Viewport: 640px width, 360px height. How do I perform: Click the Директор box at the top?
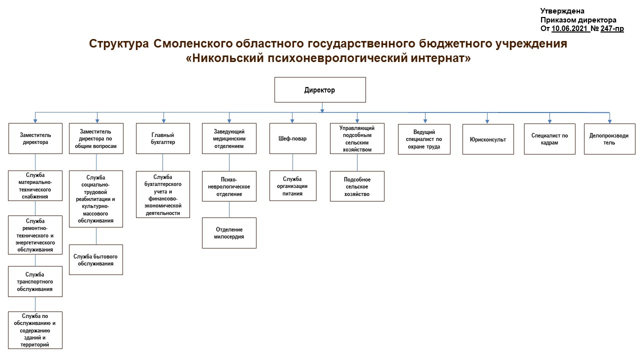(320, 89)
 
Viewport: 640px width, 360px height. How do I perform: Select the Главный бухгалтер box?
(163, 138)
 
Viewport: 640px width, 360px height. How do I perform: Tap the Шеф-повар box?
(293, 138)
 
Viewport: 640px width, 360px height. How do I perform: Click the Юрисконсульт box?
(488, 139)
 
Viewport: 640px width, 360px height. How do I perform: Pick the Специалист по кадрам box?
(549, 139)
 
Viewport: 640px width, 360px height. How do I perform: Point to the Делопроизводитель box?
(609, 139)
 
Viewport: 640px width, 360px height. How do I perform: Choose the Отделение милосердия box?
(229, 233)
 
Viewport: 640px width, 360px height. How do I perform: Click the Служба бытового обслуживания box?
(96, 259)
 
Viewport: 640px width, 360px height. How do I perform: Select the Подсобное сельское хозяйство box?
(357, 186)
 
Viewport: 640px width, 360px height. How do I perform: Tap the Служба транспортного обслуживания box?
(35, 281)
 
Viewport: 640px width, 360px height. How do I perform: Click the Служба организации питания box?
(293, 186)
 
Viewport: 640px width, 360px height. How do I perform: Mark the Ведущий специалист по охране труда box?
(424, 139)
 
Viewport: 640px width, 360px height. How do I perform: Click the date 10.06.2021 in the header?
(570, 28)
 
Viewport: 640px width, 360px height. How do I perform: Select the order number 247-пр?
(612, 28)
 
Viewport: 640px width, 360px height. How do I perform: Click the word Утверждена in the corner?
(562, 11)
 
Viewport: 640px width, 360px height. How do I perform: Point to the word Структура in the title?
(119, 43)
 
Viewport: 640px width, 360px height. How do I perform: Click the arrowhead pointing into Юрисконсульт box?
(487, 121)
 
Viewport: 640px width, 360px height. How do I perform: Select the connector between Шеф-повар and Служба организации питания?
(292, 162)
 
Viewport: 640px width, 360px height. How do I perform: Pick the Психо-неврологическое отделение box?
(229, 186)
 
